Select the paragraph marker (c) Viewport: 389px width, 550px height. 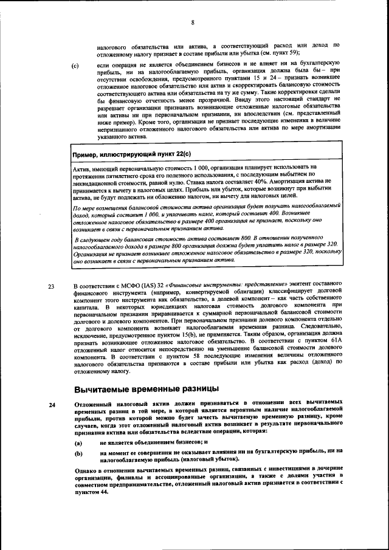coord(75,65)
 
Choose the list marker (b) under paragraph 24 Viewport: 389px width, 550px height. coord(78,452)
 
